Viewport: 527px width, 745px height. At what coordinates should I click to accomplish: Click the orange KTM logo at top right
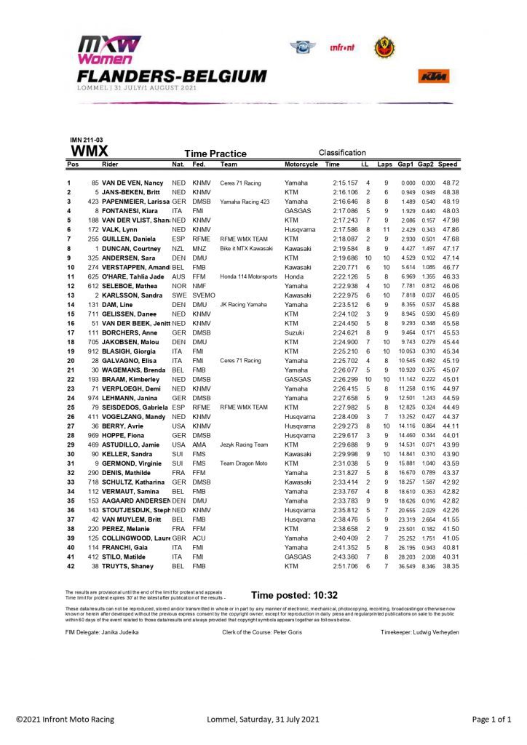433,76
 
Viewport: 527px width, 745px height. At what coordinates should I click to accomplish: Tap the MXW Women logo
110,50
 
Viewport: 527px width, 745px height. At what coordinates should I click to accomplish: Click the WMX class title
90,152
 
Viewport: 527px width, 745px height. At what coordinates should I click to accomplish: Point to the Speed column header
448,165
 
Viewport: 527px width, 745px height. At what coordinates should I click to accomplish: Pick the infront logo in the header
343,48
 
